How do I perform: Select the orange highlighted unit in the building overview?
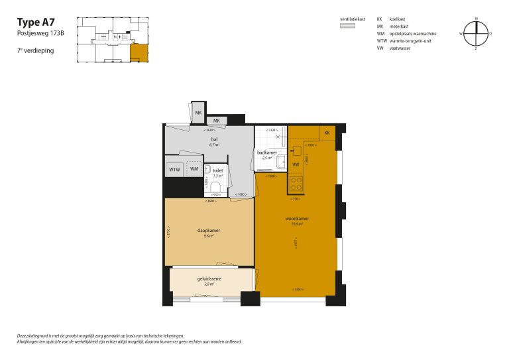click(x=139, y=52)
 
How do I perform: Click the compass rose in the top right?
click(x=475, y=32)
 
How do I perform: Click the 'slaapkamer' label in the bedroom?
click(x=209, y=231)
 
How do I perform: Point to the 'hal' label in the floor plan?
click(x=214, y=140)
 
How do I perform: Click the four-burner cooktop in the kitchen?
click(x=296, y=182)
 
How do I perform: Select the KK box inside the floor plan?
click(x=327, y=133)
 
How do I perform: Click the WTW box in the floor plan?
click(x=174, y=170)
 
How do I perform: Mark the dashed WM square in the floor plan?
click(x=194, y=170)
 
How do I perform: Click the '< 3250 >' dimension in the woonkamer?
click(x=299, y=290)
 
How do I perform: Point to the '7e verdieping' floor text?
click(x=36, y=50)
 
